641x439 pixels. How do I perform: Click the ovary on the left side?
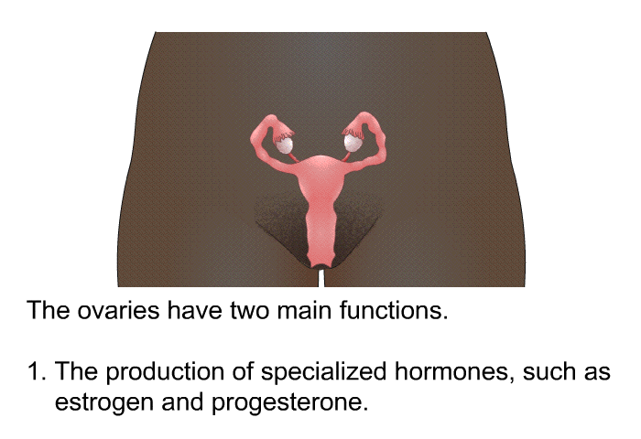(x=284, y=145)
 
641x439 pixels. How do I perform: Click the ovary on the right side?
(x=353, y=143)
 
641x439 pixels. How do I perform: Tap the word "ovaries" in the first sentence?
(x=118, y=311)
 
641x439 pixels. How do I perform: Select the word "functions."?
(x=394, y=310)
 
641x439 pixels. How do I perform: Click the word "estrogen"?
(x=104, y=403)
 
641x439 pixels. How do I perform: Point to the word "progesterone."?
(x=290, y=403)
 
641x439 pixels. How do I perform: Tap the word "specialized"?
(x=324, y=372)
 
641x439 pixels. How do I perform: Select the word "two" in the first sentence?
(x=249, y=311)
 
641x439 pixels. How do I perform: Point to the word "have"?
(x=194, y=310)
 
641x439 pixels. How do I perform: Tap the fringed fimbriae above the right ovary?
(x=353, y=132)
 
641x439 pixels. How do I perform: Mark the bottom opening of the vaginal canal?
(x=320, y=266)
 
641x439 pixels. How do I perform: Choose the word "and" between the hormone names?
(x=183, y=402)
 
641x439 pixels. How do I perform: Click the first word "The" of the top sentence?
(x=48, y=310)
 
